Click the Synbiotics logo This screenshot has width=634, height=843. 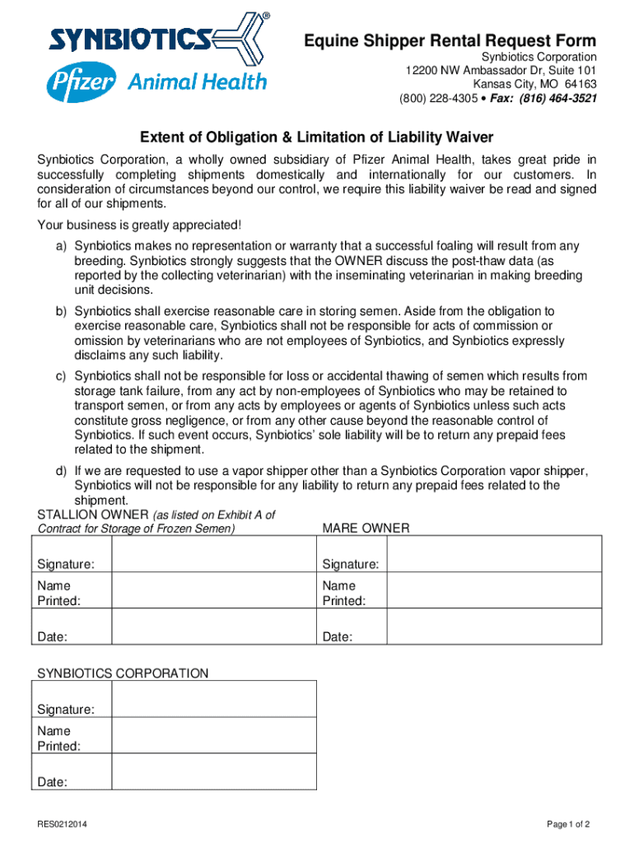156,39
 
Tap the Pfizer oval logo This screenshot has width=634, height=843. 81,82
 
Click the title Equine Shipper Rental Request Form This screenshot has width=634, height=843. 450,41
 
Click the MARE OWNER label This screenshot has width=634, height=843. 366,528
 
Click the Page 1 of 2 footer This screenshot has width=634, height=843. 568,824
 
